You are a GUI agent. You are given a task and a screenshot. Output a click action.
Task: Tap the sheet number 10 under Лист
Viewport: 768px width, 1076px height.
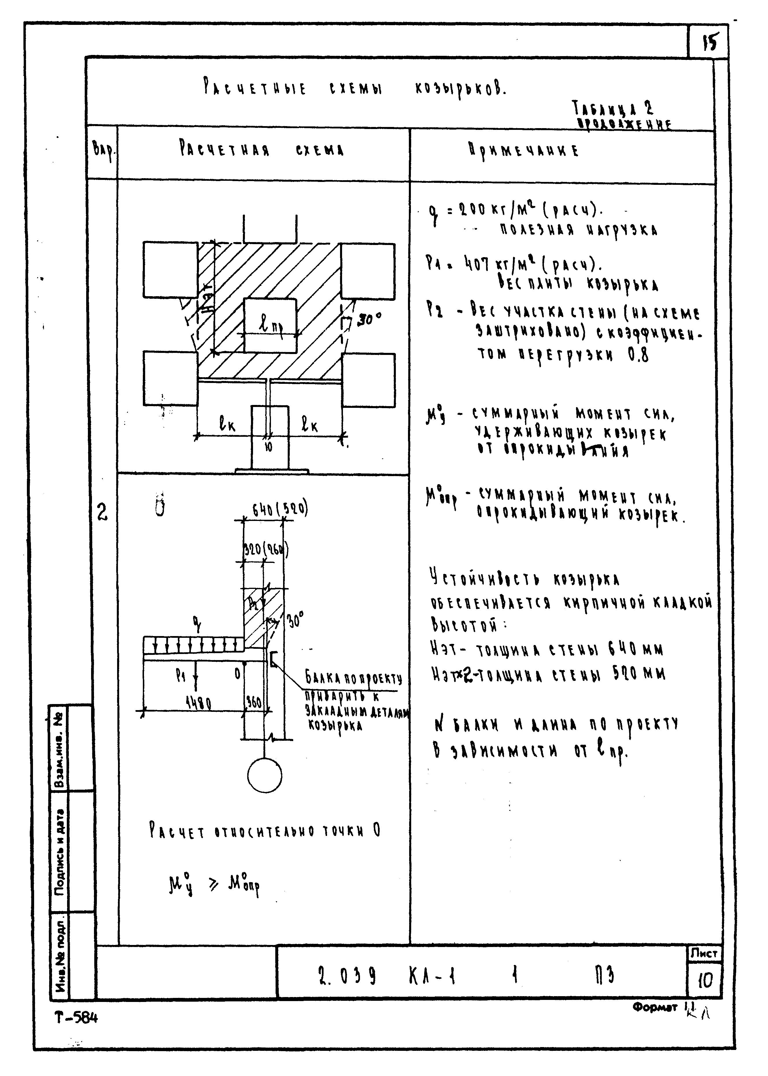[x=705, y=981]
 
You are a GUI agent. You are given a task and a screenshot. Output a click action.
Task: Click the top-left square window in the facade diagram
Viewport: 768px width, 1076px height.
[x=170, y=270]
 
